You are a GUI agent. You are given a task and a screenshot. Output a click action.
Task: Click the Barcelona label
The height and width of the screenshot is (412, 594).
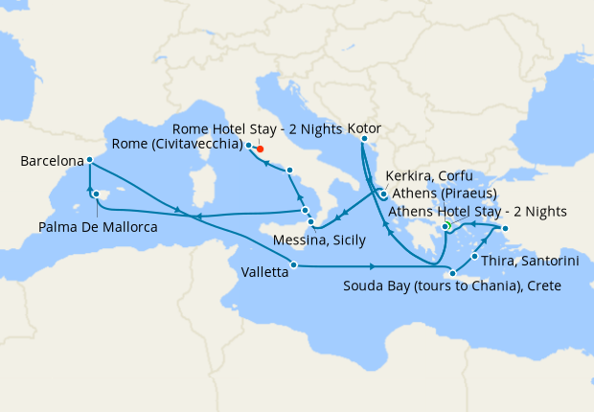pyautogui.click(x=51, y=162)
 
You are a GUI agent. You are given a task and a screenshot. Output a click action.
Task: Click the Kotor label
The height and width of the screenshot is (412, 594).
pyautogui.click(x=365, y=126)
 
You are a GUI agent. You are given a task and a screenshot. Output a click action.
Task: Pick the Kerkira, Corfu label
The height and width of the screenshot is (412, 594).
pyautogui.click(x=428, y=176)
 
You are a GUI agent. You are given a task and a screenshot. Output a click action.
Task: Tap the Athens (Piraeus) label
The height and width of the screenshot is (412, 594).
pyautogui.click(x=440, y=193)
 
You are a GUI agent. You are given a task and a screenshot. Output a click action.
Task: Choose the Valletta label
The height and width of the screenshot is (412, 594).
pyautogui.click(x=260, y=273)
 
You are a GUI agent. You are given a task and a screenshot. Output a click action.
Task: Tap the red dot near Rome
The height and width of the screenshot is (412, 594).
pyautogui.click(x=260, y=149)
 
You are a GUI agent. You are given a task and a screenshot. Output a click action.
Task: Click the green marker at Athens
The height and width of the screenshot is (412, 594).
pyautogui.click(x=446, y=225)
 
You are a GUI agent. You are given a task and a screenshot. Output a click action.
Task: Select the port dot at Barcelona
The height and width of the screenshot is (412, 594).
pyautogui.click(x=89, y=160)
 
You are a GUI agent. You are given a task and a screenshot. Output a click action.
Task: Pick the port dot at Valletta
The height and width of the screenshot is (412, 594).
pyautogui.click(x=293, y=265)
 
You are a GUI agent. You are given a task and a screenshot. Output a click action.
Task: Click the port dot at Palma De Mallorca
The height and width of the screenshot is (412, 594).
pyautogui.click(x=96, y=195)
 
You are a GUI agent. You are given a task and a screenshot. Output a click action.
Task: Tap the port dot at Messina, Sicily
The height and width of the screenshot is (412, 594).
pyautogui.click(x=310, y=222)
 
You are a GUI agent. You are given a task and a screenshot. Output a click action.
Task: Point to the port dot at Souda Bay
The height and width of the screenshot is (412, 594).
pyautogui.click(x=452, y=274)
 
